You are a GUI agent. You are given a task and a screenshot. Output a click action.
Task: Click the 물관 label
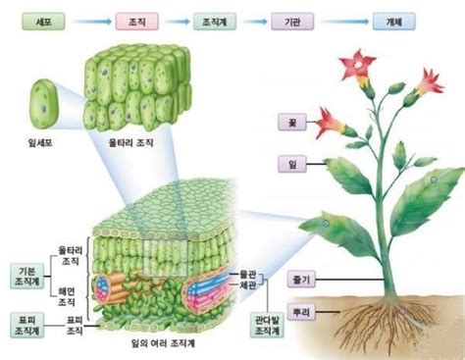[x=247, y=274]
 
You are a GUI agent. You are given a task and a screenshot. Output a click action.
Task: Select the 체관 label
[x=247, y=285]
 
